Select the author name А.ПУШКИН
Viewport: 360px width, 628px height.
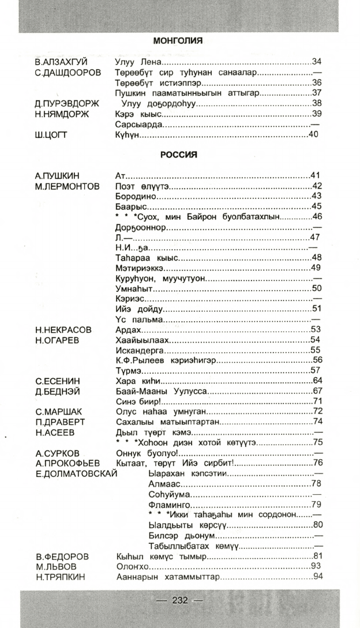[58, 175]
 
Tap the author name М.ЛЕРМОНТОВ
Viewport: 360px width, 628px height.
[67, 186]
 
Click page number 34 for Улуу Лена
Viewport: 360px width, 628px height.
[316, 62]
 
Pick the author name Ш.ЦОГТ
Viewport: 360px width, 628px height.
[51, 135]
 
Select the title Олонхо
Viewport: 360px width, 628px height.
[130, 567]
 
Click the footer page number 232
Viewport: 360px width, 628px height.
[180, 600]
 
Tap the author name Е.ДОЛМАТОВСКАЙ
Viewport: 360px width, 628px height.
[76, 473]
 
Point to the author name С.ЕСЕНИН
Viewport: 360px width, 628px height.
[58, 381]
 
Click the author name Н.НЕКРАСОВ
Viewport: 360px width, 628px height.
[63, 330]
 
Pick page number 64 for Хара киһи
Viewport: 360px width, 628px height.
[317, 381]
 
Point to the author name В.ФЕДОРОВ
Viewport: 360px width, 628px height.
[62, 556]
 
